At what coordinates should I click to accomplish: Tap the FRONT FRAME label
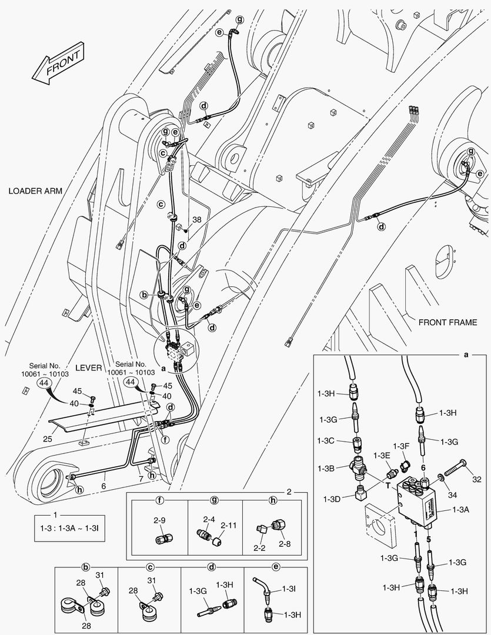tap(447, 322)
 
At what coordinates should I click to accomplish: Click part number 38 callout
tap(196, 219)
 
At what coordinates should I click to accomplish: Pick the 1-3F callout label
tap(402, 447)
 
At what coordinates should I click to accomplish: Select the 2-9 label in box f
tap(159, 520)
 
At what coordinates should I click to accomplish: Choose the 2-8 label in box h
tap(285, 544)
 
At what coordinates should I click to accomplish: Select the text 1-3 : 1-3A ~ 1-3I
tap(69, 529)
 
